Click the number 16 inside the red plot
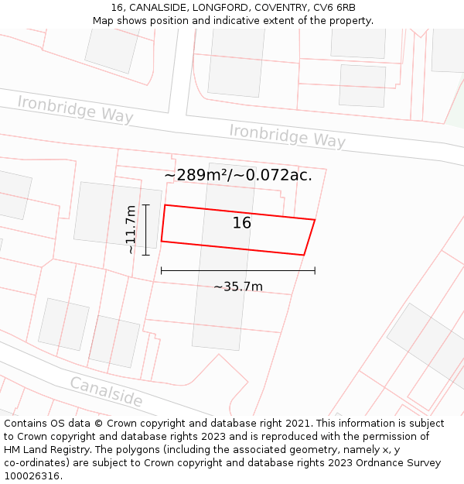point(242,223)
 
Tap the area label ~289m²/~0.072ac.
point(238,175)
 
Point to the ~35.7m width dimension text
point(238,287)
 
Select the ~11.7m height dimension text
point(131,229)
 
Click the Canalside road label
point(107,392)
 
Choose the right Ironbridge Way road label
point(287,136)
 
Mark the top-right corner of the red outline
point(315,220)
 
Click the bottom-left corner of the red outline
point(161,241)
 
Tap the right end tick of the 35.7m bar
point(315,270)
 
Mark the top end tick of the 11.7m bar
point(145,204)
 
